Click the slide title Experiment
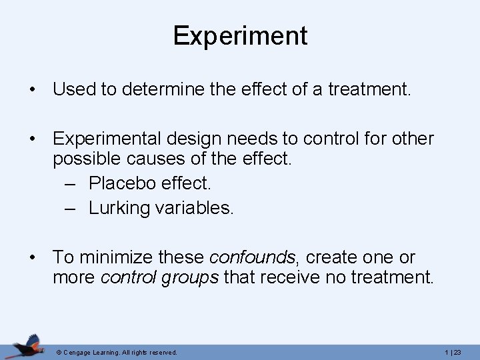tap(240, 35)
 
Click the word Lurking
tap(121, 208)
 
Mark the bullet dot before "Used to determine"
tap(32, 89)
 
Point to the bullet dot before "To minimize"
tap(32, 258)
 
